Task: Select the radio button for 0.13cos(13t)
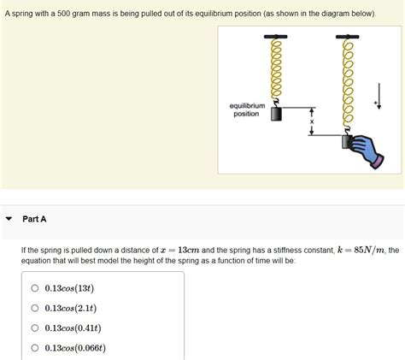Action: tap(35, 288)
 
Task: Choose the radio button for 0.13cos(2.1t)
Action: tap(35, 308)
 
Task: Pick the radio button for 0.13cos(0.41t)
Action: tap(35, 328)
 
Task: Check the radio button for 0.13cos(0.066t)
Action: tap(35, 348)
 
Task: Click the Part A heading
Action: tap(34, 219)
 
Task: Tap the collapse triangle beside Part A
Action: tap(9, 219)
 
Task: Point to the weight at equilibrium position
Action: tap(276, 114)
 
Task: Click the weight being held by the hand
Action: tap(346, 142)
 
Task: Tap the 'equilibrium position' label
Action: tap(247, 109)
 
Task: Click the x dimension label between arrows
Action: tap(312, 121)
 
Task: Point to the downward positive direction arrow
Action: tap(379, 96)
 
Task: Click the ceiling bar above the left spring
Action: tap(275, 37)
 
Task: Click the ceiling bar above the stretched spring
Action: tap(347, 37)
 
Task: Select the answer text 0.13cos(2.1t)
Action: tap(71, 308)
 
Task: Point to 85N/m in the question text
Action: tap(369, 251)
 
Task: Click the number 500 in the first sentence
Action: tap(63, 14)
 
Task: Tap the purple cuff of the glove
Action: tap(377, 162)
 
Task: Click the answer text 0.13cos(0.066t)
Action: tap(75, 348)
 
